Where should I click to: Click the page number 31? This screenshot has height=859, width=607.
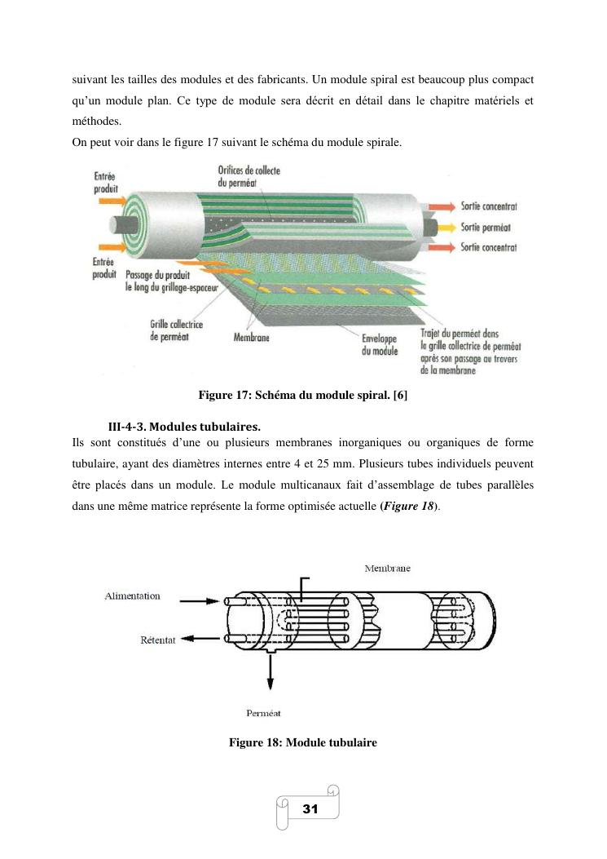click(310, 808)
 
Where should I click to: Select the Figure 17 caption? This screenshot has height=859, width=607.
click(302, 395)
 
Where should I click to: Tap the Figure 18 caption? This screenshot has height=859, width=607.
click(302, 742)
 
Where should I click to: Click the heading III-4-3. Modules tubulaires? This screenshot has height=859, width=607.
click(184, 426)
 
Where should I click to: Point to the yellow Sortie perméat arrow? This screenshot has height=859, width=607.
click(446, 227)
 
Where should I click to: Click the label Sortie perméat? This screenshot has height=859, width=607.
click(486, 227)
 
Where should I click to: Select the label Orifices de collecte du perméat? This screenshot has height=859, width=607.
click(249, 176)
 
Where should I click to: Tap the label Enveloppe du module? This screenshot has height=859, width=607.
click(380, 344)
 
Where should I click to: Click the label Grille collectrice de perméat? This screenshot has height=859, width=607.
click(176, 330)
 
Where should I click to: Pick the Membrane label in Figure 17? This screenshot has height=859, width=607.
click(251, 338)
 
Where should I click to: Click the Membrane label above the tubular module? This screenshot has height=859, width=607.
click(388, 568)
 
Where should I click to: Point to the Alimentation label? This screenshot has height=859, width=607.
click(133, 596)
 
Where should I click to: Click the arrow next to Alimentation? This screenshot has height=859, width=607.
click(200, 601)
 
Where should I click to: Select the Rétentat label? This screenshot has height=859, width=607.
click(157, 640)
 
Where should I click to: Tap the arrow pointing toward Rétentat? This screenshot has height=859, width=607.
click(200, 638)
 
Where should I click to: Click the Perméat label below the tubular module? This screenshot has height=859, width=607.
click(263, 713)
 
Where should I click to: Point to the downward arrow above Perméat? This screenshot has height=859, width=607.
click(270, 671)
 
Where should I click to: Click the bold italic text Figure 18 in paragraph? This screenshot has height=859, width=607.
click(409, 506)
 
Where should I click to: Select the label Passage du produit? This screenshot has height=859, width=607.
click(157, 274)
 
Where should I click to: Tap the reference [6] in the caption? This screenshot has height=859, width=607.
click(400, 395)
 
